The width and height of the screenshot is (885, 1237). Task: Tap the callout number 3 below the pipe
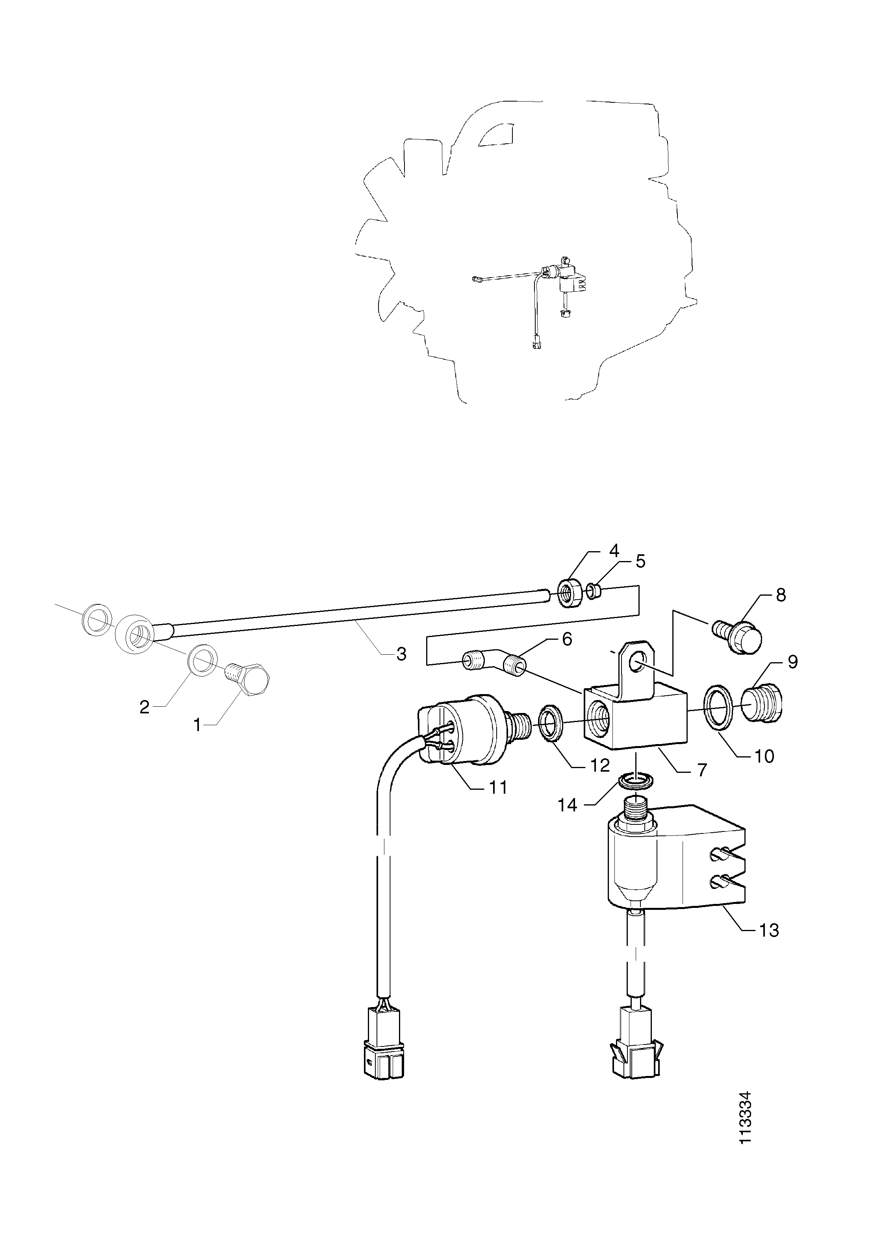(401, 654)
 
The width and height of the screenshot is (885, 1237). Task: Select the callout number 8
(781, 595)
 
